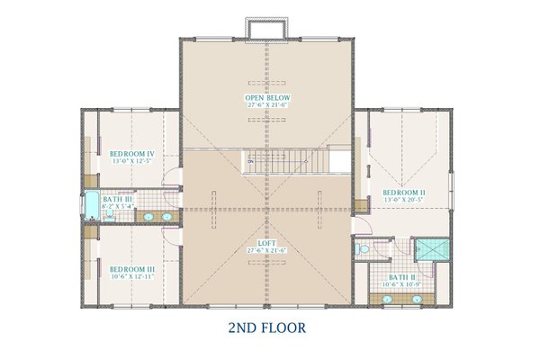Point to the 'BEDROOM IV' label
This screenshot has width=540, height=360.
[133, 154]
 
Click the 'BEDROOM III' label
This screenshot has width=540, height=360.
[133, 268]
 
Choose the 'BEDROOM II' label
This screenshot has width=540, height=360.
[404, 192]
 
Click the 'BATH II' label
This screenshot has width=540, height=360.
[402, 277]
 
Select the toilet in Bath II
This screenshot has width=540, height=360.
[360, 248]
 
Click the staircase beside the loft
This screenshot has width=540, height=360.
[286, 162]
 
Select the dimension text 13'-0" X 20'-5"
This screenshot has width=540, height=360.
[404, 200]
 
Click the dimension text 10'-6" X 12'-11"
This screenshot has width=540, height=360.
[133, 276]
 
